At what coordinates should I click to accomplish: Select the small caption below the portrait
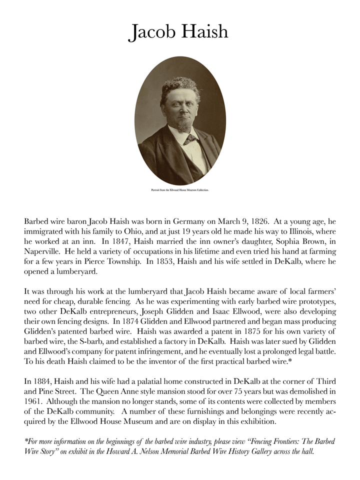tap(180, 190)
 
